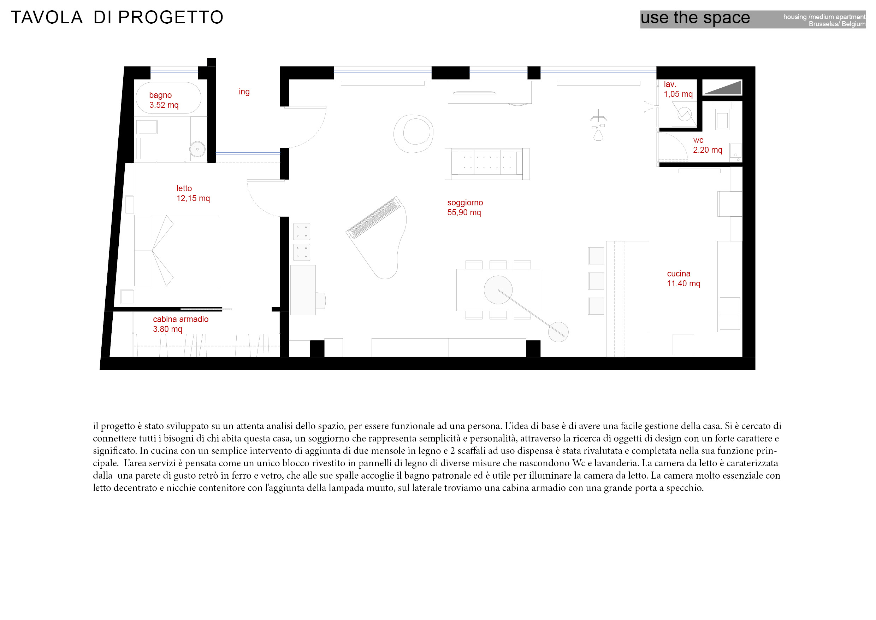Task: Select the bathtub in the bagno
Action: (x=168, y=98)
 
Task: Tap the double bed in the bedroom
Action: (x=176, y=251)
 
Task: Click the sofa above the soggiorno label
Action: (x=487, y=164)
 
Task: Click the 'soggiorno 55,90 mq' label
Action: (x=465, y=207)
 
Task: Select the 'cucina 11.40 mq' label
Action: (x=683, y=278)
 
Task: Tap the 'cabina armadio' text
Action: (x=181, y=319)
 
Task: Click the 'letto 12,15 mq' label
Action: (x=193, y=193)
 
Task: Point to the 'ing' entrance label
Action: (x=244, y=92)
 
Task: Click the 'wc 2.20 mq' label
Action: (x=708, y=145)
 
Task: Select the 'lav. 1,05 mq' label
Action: (x=678, y=89)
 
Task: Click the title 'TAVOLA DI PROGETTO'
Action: (x=117, y=18)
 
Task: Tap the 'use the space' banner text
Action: (x=695, y=18)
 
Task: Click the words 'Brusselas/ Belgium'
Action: (x=837, y=24)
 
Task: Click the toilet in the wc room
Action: (x=722, y=116)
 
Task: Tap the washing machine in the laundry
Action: (x=685, y=114)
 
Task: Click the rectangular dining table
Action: (x=498, y=290)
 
